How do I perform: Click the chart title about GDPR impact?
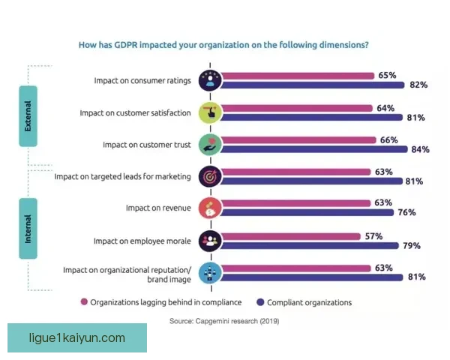click(223, 44)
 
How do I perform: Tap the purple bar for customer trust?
click(314, 149)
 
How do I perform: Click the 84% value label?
click(420, 149)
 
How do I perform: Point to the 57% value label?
click(373, 236)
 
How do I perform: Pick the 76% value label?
click(406, 212)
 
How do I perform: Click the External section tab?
click(28, 116)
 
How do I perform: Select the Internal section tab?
click(28, 229)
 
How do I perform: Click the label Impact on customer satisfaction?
click(136, 112)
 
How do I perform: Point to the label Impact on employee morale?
click(142, 241)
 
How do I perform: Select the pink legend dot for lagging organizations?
click(84, 302)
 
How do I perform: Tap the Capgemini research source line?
click(223, 320)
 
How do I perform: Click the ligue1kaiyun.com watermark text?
click(77, 338)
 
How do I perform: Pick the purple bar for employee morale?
click(307, 245)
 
